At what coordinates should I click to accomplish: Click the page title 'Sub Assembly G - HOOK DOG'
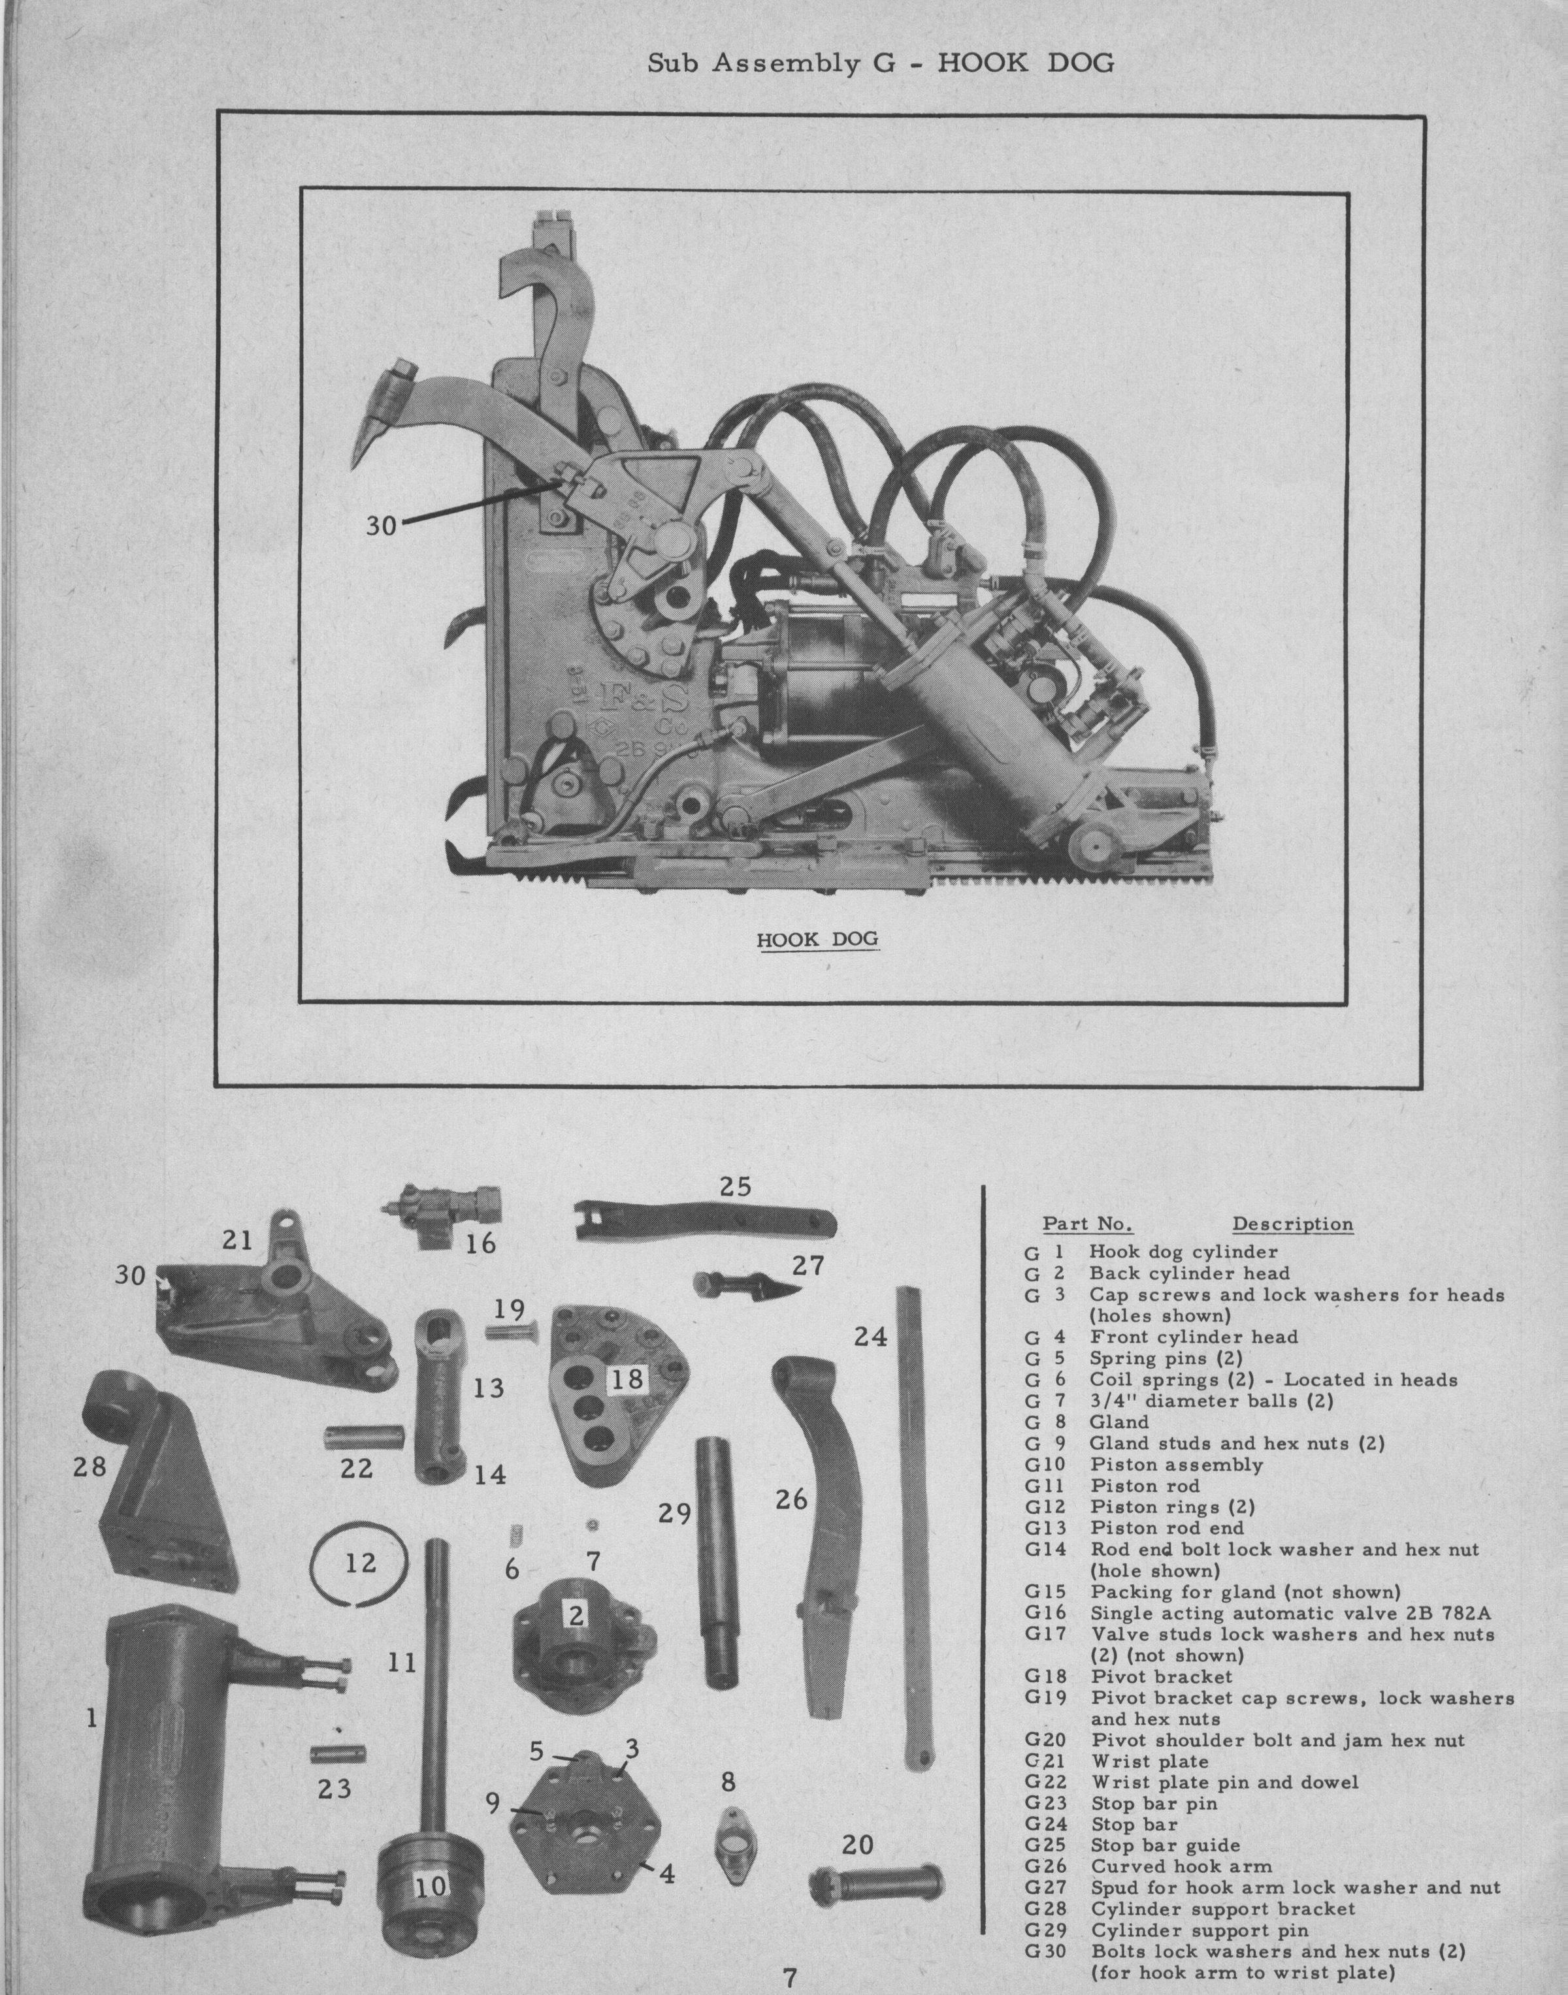coord(881,63)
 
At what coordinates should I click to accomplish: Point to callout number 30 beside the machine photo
coord(381,526)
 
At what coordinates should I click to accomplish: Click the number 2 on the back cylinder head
coord(576,1615)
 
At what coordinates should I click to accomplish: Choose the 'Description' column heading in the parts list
coord(1292,1224)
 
